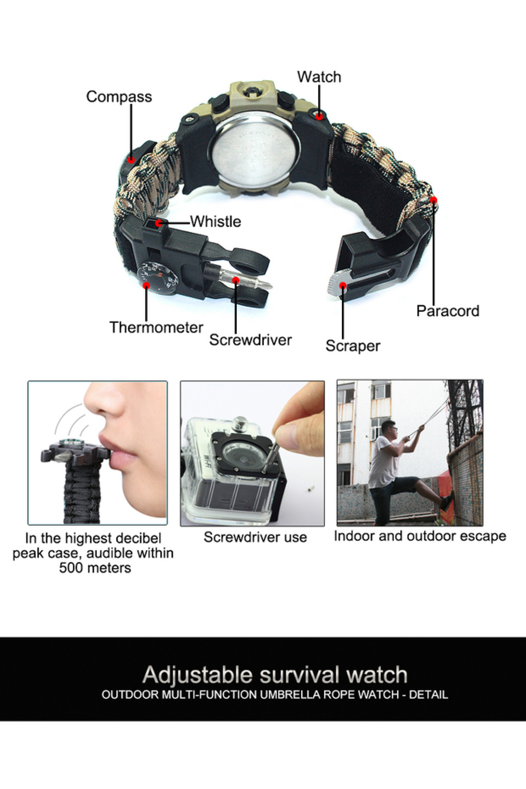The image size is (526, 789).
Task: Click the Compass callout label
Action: tap(119, 97)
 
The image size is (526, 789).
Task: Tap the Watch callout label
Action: tap(319, 77)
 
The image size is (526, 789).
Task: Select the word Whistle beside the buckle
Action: tap(216, 221)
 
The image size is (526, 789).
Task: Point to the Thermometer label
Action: tap(156, 327)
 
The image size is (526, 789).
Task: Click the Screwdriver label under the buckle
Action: tap(250, 340)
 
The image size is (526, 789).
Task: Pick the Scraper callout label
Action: tap(353, 346)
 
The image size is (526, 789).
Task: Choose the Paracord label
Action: tap(448, 311)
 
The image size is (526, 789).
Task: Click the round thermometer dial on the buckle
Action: tap(158, 277)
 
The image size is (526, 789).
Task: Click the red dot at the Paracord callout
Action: tap(434, 200)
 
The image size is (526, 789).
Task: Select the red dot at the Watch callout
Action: tap(320, 116)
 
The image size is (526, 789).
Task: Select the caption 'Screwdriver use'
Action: tap(255, 537)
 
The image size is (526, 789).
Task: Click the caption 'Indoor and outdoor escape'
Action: tap(420, 536)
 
